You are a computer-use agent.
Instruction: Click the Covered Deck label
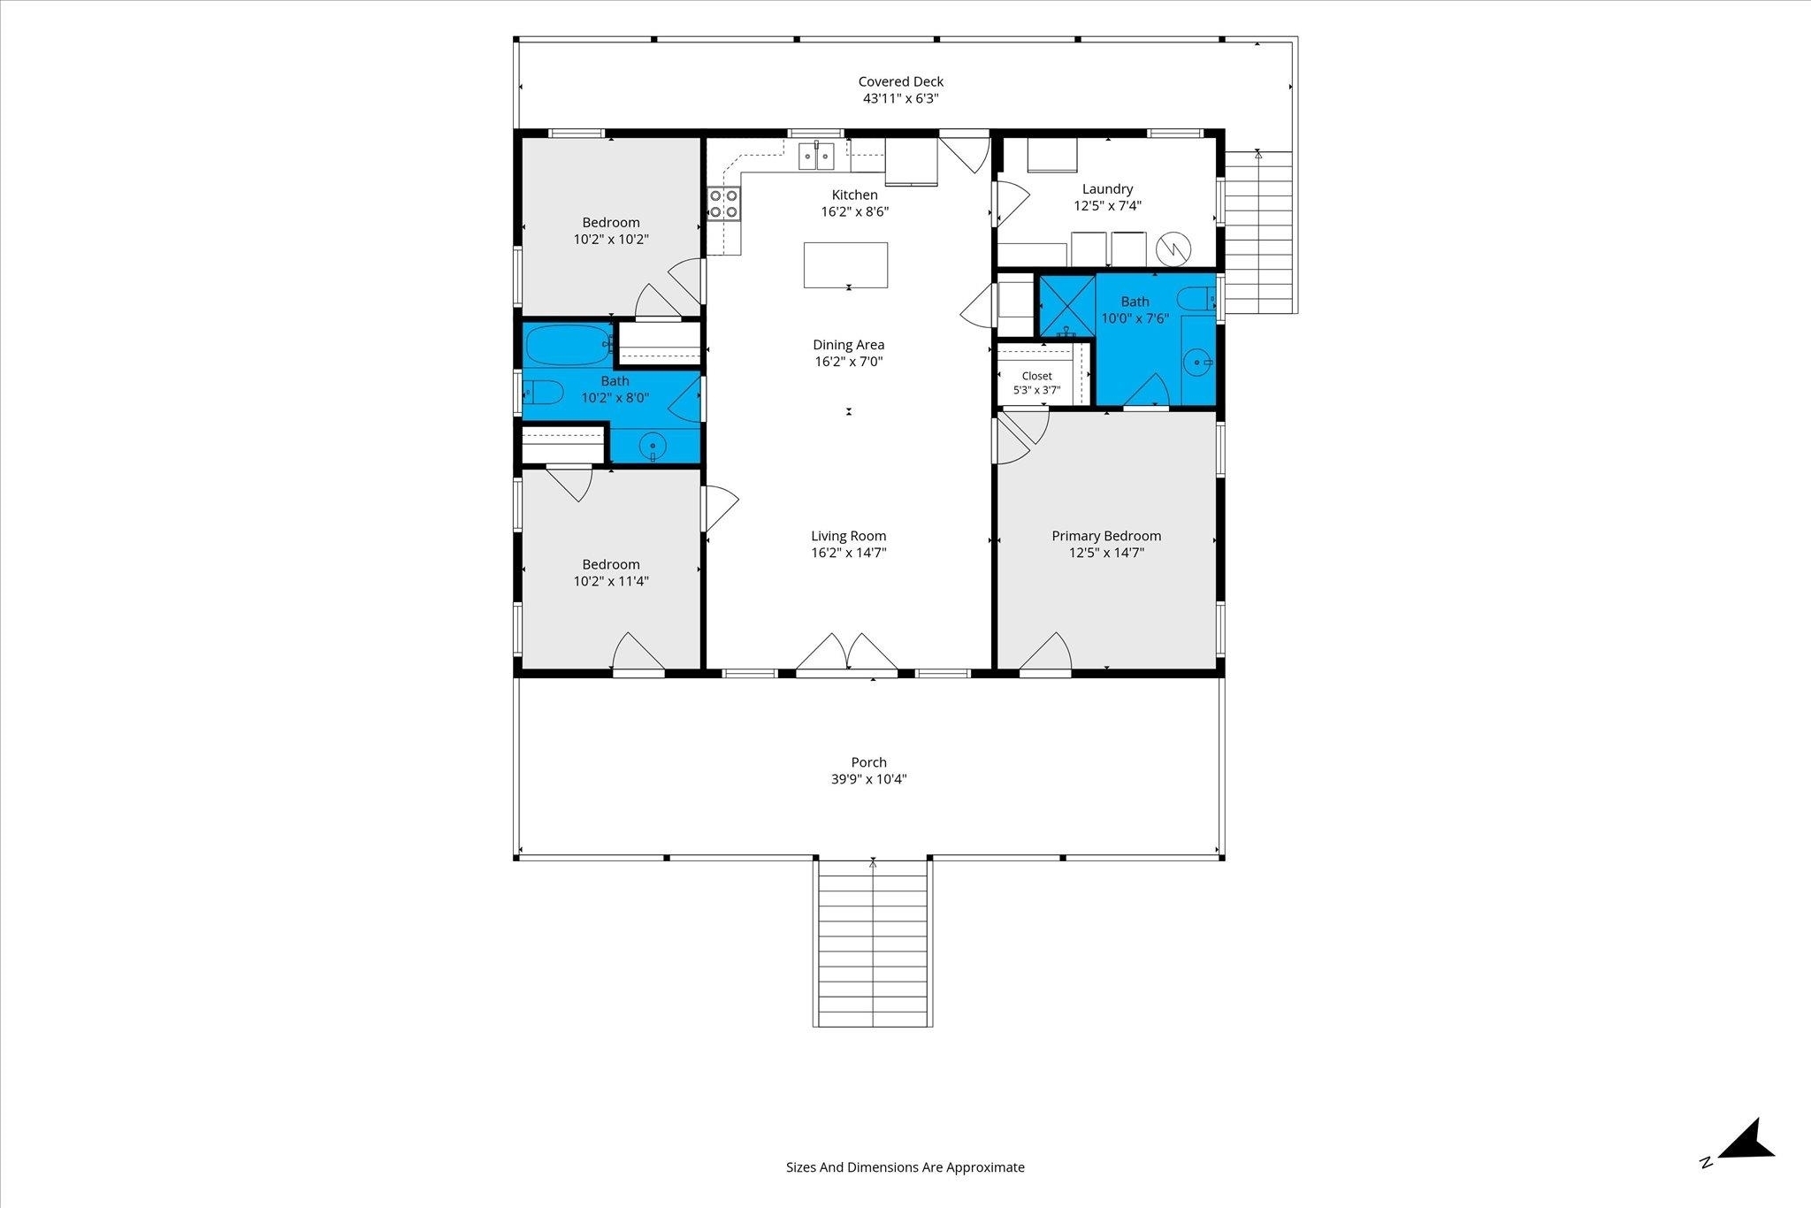(900, 81)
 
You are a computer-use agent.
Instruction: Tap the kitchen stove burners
(723, 203)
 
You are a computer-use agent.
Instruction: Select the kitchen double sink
(816, 156)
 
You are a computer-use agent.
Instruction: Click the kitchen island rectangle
(845, 264)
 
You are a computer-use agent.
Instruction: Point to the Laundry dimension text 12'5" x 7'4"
(1107, 206)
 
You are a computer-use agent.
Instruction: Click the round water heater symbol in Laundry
(1173, 248)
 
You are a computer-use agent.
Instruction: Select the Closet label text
(1036, 376)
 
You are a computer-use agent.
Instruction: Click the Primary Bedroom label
(1106, 536)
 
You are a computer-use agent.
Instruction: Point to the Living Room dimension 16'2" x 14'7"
(849, 553)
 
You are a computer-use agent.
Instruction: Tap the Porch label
(868, 762)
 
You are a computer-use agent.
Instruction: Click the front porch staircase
(872, 943)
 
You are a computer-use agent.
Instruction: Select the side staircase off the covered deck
(1259, 233)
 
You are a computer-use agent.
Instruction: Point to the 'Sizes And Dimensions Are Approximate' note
(905, 1167)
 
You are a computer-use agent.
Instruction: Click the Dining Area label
(849, 345)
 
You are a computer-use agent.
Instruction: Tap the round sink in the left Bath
(653, 445)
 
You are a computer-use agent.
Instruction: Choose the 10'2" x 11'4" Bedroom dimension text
(611, 581)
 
